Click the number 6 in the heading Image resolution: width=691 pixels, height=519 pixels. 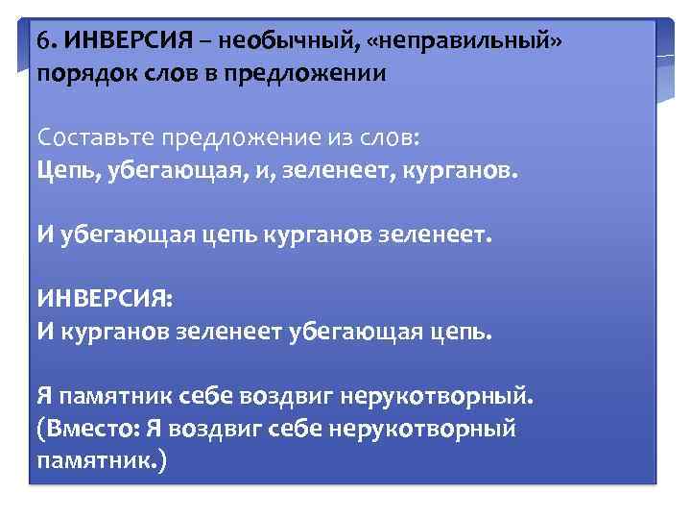(x=44, y=43)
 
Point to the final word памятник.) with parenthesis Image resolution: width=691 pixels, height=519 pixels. (x=102, y=461)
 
